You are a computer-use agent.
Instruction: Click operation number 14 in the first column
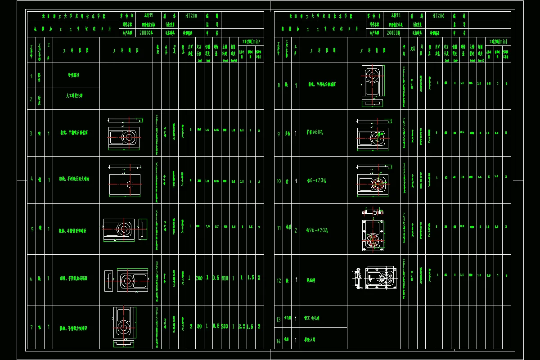coord(279,341)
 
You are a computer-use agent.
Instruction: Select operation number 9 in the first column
coord(279,134)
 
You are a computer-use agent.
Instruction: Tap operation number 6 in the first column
coord(31,279)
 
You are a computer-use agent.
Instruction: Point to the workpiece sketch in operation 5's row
coord(125,229)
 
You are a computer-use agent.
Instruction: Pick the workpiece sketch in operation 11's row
coord(373,229)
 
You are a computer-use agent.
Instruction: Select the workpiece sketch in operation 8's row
coord(373,85)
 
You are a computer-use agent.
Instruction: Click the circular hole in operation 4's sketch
coord(130,184)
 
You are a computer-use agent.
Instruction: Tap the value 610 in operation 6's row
coord(225,278)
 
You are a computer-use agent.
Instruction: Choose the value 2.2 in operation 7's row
coord(242,326)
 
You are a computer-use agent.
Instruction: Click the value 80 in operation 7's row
coord(199,326)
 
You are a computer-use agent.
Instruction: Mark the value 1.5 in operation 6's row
coord(250,278)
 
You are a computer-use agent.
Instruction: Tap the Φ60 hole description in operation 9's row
coord(318,134)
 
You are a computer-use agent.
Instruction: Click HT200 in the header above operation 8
coord(439,15)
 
